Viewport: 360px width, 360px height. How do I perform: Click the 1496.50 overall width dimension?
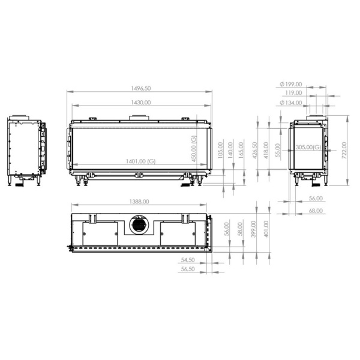142,88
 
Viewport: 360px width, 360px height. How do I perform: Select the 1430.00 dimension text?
142,103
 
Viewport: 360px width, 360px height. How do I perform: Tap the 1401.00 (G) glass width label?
142,161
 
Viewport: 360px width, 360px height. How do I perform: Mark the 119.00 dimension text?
293,94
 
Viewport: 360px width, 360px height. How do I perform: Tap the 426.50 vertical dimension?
254,149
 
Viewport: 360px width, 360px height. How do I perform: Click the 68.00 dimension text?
316,211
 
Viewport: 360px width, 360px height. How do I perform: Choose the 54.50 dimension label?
188,260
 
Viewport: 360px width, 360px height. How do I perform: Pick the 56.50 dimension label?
188,269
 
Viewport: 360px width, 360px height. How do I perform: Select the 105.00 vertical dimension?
220,149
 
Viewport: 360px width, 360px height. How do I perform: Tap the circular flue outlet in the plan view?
138,225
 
